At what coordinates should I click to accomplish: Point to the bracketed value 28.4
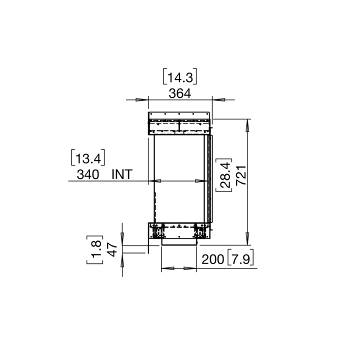[x=223, y=175]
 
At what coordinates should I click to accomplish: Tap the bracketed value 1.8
[x=96, y=249]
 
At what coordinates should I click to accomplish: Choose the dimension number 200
[x=213, y=259]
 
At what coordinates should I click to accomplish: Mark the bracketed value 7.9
[x=241, y=259]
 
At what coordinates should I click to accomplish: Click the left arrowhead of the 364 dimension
[x=143, y=99]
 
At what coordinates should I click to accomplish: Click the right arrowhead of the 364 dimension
[x=217, y=99]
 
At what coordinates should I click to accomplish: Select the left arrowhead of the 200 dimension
[x=166, y=268]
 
